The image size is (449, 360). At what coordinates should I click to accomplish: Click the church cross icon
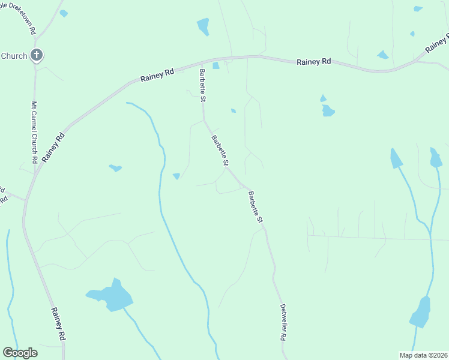[37, 56]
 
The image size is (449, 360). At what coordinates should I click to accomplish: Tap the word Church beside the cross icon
[14, 56]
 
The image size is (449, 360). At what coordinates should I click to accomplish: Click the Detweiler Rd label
[282, 322]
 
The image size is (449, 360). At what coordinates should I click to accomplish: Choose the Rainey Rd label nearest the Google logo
[58, 325]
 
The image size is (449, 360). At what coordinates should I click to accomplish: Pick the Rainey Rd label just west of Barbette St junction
[157, 75]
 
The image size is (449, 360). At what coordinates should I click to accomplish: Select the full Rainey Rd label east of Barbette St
[314, 62]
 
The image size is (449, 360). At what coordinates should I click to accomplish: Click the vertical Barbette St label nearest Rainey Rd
[202, 85]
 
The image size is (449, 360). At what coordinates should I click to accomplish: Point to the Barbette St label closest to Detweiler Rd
[256, 208]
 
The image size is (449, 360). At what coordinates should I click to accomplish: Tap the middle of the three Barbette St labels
[220, 151]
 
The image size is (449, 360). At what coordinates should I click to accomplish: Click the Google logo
[20, 353]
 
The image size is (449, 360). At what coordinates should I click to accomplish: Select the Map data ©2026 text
[423, 355]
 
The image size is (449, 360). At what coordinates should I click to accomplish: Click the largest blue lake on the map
[112, 295]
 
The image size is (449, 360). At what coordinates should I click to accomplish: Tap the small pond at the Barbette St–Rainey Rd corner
[215, 65]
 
